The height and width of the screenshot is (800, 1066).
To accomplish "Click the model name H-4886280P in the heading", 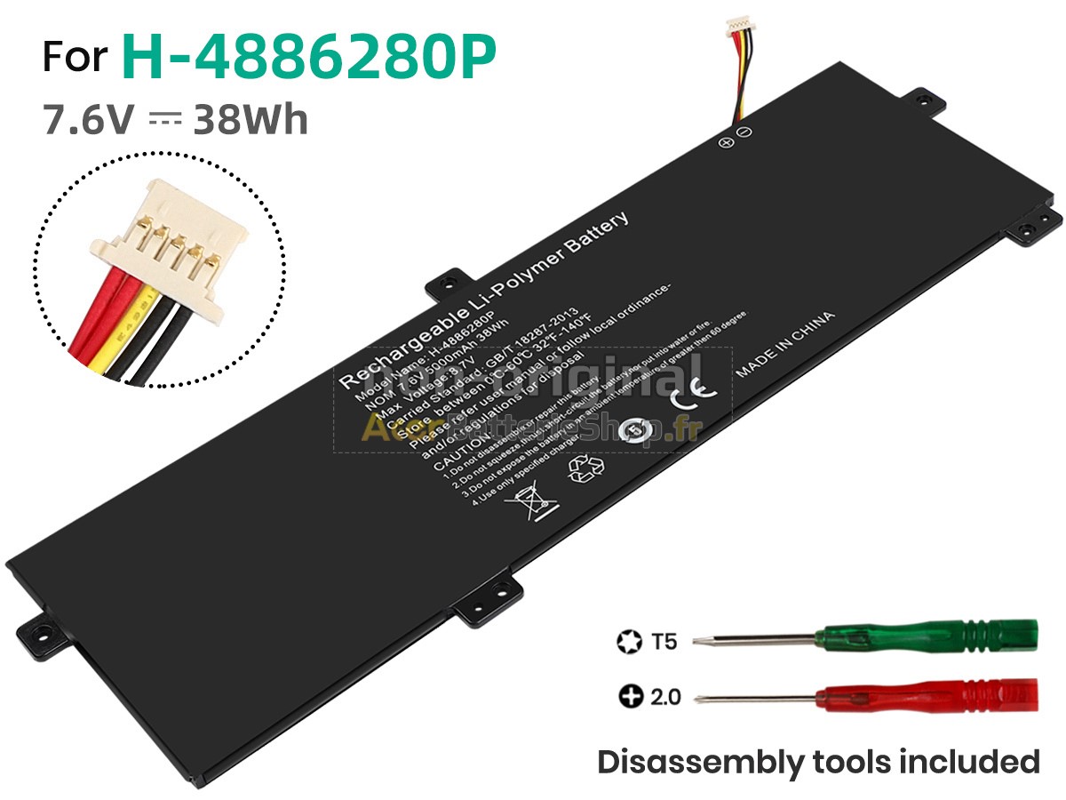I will (x=308, y=56).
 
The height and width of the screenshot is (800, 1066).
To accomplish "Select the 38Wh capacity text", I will (x=251, y=119).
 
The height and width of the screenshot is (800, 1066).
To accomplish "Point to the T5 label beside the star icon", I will (x=663, y=640).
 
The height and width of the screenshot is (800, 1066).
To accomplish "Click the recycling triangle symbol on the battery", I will (x=586, y=468).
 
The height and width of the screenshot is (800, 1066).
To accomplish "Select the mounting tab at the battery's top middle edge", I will (x=449, y=283).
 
